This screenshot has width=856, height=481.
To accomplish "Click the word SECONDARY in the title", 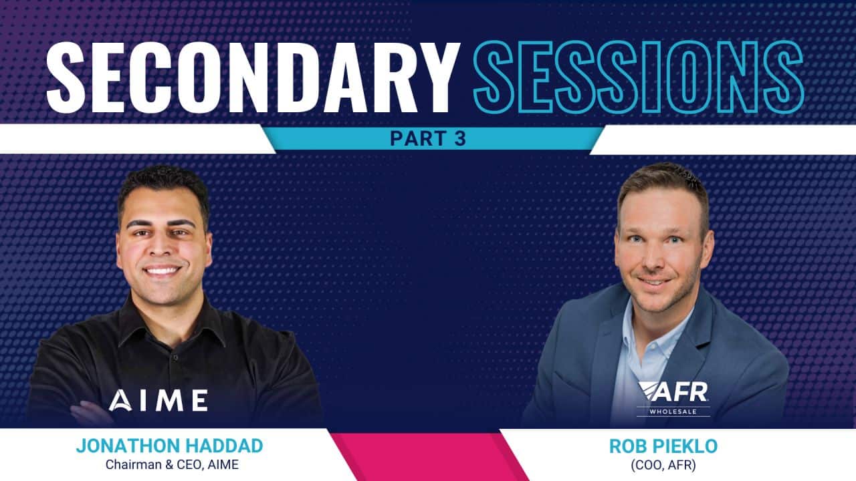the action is pos(253,77).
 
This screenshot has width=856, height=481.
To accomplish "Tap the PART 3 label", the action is pos(428,138).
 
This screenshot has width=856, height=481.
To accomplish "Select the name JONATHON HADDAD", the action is pos(170,446).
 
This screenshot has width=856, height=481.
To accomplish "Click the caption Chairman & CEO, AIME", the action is pos(172,464).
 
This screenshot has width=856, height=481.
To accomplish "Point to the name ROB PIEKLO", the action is pos(663,446).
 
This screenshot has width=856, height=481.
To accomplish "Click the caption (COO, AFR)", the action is pos(663,466).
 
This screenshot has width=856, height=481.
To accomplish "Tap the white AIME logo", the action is pos(158,400).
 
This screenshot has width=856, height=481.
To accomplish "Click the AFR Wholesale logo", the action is pos(673,399).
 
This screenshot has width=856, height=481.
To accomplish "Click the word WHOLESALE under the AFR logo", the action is pos(673,412).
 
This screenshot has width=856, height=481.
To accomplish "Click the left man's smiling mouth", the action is pos(162,271).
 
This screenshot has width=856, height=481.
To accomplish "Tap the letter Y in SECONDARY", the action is pos(435,77).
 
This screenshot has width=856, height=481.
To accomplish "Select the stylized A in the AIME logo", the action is pos(120,401).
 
